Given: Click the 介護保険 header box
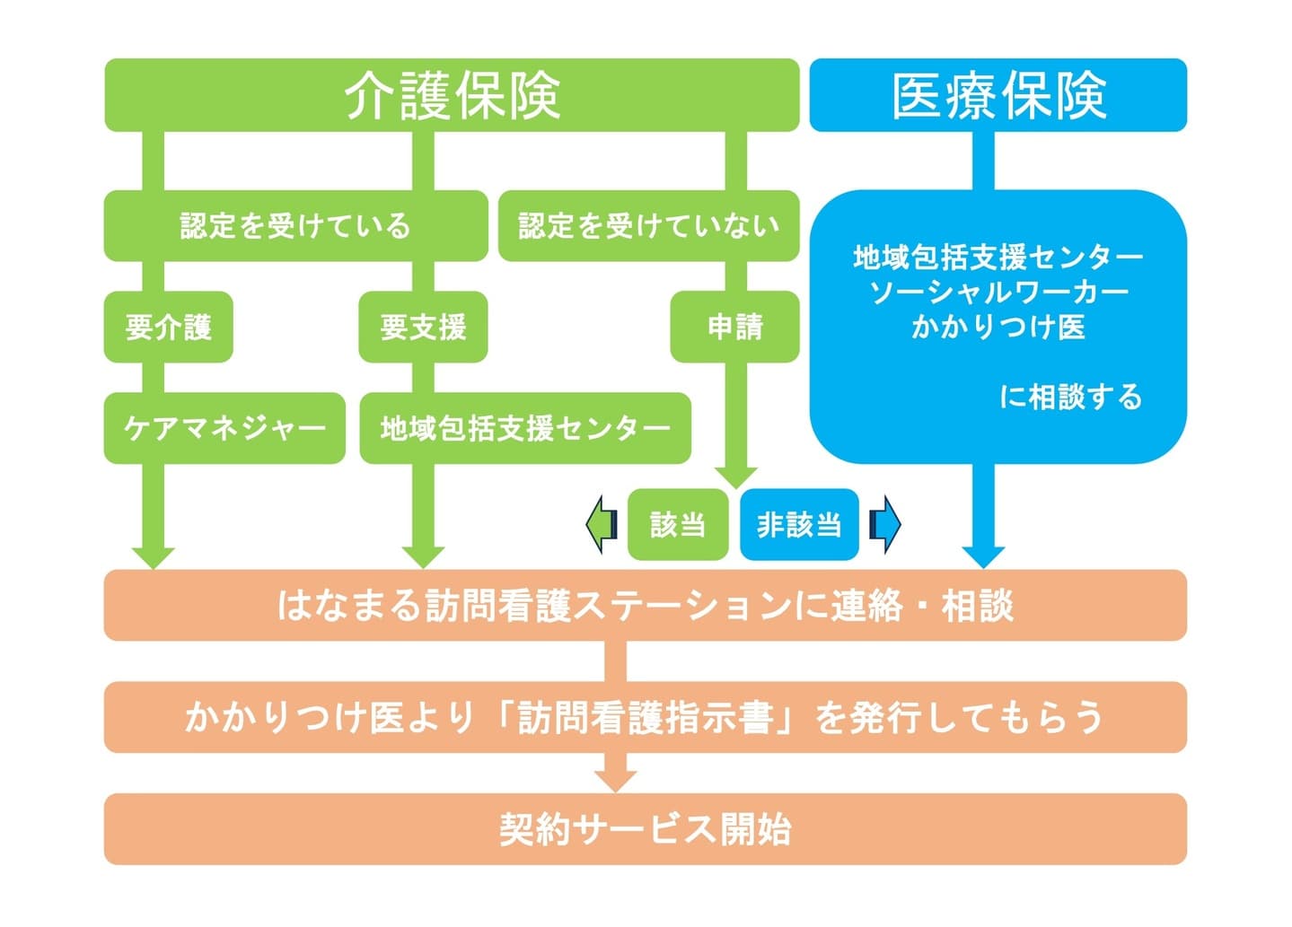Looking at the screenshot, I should (x=452, y=95).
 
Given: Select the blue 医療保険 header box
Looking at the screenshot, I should (x=998, y=95).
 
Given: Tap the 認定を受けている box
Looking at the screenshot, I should (x=295, y=225).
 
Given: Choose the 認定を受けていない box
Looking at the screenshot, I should (x=648, y=225).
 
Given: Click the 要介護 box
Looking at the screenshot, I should (x=169, y=327).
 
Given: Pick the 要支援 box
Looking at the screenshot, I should (x=423, y=327).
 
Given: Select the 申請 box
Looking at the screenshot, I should (x=734, y=327).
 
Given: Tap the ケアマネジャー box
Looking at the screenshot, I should (x=224, y=428).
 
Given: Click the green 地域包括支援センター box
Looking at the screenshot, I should (x=525, y=428).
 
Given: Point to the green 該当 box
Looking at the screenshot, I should (x=677, y=524).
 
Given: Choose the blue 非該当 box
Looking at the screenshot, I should (x=799, y=524).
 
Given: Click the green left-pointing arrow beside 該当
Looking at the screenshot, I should (x=602, y=524).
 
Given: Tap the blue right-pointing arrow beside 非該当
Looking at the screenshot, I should (x=885, y=524).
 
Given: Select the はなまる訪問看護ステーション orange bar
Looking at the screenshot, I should (x=645, y=605).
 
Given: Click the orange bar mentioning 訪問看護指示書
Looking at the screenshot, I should (x=645, y=717).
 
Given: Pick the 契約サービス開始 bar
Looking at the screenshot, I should (x=645, y=828).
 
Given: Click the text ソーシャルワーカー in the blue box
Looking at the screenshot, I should (x=998, y=292).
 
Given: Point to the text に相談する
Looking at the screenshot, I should (x=1070, y=397).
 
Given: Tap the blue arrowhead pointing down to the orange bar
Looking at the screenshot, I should (x=983, y=555).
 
